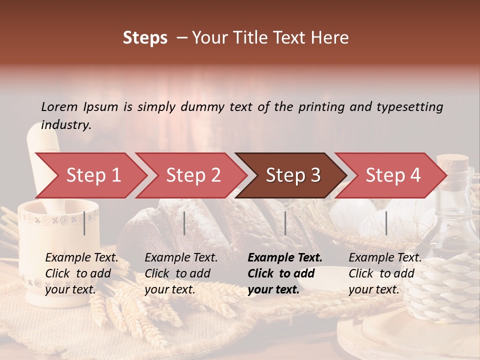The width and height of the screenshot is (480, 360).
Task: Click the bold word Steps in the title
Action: click(x=145, y=38)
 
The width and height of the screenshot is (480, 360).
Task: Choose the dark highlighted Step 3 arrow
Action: click(x=293, y=175)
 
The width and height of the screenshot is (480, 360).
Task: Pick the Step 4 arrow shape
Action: click(x=393, y=175)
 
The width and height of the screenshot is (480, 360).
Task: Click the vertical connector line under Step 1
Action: click(x=84, y=223)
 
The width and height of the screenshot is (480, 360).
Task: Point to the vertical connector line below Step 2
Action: click(x=184, y=223)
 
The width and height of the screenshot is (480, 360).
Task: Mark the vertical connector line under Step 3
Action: click(x=285, y=223)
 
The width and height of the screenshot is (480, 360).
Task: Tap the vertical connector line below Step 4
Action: click(x=386, y=223)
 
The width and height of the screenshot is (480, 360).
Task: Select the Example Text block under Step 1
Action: click(x=81, y=273)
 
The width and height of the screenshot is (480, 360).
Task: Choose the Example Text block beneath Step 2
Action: click(x=181, y=273)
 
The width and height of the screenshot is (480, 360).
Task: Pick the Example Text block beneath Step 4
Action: click(x=385, y=273)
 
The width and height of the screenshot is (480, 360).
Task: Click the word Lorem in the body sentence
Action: click(x=59, y=106)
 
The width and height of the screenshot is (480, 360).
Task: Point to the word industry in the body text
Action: click(x=65, y=125)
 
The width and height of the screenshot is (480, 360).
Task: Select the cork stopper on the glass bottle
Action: click(x=452, y=161)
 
